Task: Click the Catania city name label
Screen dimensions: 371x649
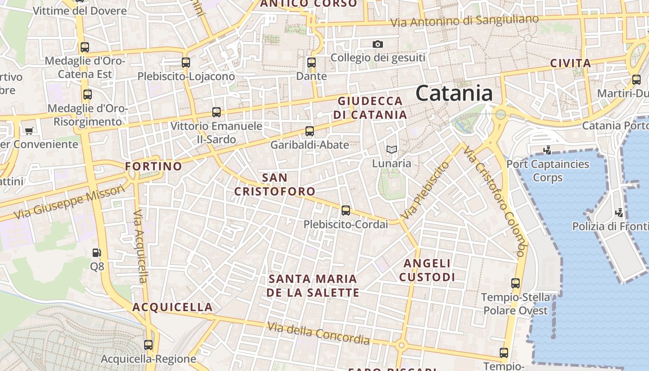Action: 454,93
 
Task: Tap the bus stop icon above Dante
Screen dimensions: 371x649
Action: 312,62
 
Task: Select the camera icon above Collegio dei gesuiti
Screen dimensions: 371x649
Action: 378,44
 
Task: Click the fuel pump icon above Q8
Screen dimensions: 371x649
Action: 97,253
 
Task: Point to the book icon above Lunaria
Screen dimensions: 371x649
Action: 392,149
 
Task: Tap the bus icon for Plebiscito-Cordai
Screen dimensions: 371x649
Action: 346,211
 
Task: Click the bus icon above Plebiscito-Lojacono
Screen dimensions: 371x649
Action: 186,62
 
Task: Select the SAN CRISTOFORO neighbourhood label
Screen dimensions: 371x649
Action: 274,184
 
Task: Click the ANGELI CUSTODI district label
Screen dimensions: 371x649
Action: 427,270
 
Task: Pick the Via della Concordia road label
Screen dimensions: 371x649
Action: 318,333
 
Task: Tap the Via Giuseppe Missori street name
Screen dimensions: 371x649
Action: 70,202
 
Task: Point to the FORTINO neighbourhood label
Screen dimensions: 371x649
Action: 153,166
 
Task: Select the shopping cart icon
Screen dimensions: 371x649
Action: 29,131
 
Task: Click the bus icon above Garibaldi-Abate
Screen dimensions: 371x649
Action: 310,131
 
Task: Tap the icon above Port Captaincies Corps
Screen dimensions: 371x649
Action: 547,150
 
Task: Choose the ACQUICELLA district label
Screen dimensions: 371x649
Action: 172,307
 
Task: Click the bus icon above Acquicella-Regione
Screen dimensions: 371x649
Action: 148,345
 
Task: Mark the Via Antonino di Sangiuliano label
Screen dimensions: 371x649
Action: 464,21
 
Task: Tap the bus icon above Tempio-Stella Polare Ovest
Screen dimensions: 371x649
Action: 515,283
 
